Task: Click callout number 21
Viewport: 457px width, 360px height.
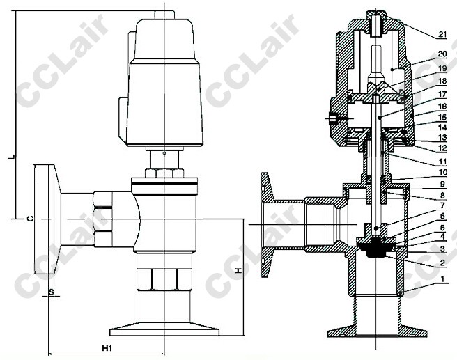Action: pos(442,34)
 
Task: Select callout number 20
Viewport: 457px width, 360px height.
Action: pos(442,54)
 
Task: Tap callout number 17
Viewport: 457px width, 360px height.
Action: pos(442,94)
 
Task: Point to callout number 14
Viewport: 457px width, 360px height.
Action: pos(442,127)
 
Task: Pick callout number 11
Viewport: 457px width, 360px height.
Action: pos(442,162)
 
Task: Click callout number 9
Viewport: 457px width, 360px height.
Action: pos(442,184)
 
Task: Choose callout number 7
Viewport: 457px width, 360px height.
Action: pos(442,205)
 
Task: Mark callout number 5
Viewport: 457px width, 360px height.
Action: pos(442,228)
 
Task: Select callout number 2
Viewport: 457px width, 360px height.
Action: pos(442,263)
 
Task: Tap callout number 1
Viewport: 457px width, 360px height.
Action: pos(443,279)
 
